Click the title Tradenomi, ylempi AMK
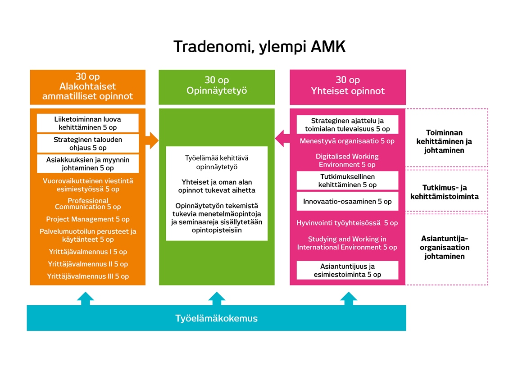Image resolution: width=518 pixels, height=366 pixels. [259, 47]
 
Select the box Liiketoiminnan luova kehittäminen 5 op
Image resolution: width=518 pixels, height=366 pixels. [87, 123]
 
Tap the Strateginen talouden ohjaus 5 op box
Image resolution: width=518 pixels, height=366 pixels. [87, 144]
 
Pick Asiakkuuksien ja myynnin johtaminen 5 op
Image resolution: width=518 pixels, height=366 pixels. [87, 164]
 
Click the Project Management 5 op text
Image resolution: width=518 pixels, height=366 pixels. [87, 219]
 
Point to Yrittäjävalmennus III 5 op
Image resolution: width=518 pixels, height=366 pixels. [87, 276]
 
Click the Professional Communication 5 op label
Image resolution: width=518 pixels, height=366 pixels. [87, 204]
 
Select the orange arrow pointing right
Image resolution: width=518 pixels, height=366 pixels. [153, 140]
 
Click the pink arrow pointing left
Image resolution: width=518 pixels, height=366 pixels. [282, 138]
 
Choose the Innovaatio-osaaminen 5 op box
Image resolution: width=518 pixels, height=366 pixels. [347, 201]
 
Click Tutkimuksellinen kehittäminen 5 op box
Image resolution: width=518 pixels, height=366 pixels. [347, 181]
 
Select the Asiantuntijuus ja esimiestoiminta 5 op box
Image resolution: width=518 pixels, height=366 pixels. [347, 270]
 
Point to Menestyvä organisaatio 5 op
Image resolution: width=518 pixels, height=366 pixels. [347, 141]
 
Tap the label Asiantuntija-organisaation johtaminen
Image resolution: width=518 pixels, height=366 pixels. [445, 248]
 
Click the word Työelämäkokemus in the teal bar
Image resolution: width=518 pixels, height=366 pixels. [216, 318]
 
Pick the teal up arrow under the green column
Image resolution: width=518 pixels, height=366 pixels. [217, 298]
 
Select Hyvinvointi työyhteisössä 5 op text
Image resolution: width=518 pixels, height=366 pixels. [347, 223]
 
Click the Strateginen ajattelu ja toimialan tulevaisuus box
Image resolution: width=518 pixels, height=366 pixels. [347, 125]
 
